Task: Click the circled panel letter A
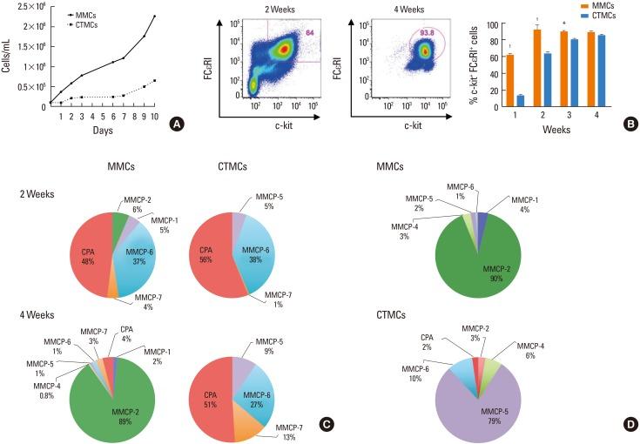coord(177,124)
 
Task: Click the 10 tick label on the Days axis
coord(155,117)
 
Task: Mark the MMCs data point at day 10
coord(154,17)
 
